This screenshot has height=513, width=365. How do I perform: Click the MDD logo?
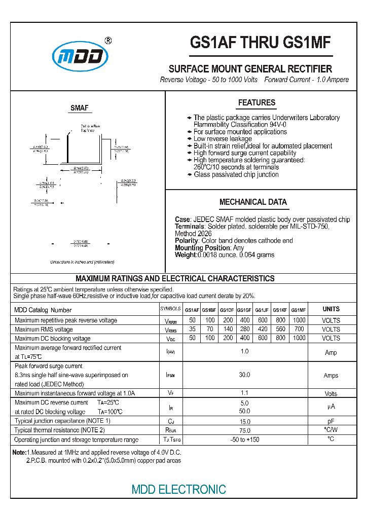[x=81, y=57]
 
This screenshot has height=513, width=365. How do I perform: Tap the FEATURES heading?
[x=257, y=102]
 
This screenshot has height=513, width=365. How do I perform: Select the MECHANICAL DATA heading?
[x=253, y=202]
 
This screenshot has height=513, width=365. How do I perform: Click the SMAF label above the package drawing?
[x=79, y=108]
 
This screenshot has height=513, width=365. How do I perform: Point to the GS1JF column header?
[x=262, y=310]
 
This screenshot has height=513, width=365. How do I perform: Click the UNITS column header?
[x=331, y=309]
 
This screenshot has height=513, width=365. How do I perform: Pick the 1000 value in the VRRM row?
[x=299, y=320]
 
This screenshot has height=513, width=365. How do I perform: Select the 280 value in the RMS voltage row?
[x=244, y=329]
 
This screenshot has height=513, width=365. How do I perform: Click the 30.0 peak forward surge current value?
[x=244, y=375]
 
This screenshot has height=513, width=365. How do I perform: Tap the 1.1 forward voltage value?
[x=244, y=393]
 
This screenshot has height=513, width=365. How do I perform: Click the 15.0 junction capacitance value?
[x=244, y=421]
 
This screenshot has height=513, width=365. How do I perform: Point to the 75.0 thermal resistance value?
[x=244, y=430]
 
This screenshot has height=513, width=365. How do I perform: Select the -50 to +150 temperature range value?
[x=244, y=439]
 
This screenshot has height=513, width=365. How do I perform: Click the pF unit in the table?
[x=331, y=421]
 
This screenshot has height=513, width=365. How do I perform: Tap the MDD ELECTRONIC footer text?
[x=178, y=489]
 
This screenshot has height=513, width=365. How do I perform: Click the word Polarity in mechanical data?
[x=186, y=241]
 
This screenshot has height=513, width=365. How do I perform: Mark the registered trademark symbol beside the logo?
[x=107, y=41]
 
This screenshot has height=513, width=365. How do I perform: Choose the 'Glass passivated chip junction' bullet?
[x=236, y=174]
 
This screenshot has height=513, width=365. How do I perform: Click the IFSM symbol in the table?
[x=170, y=376]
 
